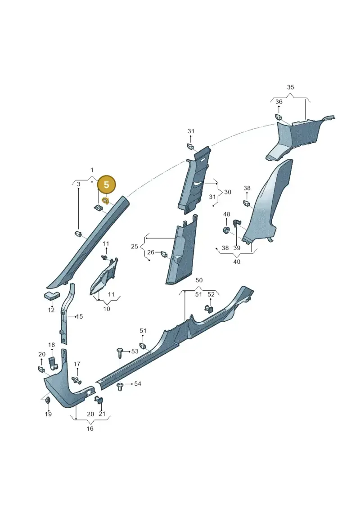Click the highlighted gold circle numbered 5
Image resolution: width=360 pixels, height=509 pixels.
(106, 185)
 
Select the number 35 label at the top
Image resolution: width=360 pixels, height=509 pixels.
(291, 87)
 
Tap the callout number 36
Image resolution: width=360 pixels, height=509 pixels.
(279, 102)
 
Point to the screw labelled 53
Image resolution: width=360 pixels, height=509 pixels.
(120, 352)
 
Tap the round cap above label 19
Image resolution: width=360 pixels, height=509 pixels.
(47, 400)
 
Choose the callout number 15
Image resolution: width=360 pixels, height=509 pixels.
(80, 316)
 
